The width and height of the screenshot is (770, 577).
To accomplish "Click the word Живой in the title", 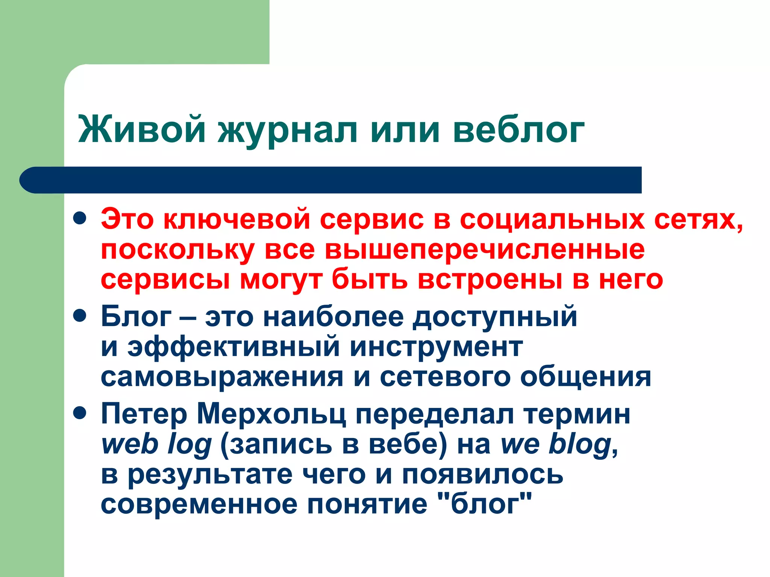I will (x=142, y=130).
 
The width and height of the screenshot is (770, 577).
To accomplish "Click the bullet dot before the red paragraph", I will (x=80, y=218).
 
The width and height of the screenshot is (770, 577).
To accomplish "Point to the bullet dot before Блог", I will (x=80, y=316).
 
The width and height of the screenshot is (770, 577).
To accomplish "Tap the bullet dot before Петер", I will (x=80, y=413).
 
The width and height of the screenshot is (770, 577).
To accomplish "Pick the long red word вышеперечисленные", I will (x=485, y=250).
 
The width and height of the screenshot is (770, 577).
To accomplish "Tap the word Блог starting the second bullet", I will (x=136, y=316).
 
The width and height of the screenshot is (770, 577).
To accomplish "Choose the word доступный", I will (x=495, y=317).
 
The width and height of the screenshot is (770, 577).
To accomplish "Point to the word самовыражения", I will (x=222, y=378).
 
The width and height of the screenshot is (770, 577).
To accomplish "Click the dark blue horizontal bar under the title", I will (x=331, y=180).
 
